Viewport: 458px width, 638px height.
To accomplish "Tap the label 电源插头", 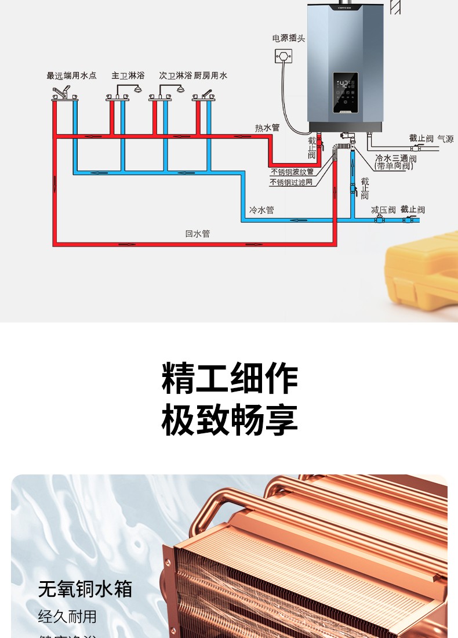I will (x=289, y=38).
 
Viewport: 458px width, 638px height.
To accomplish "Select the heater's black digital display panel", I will (x=345, y=93).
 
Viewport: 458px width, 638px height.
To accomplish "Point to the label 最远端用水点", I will (x=71, y=75).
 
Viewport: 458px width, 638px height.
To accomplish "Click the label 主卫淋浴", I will (x=128, y=75).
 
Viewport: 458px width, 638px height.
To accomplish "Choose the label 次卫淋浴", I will (x=175, y=75).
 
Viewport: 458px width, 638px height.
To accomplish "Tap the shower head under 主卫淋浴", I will (x=137, y=89).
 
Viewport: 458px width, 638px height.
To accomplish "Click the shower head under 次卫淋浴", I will (x=180, y=89).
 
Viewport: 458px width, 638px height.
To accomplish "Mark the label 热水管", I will (x=267, y=128).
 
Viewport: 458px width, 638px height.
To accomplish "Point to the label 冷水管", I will (x=261, y=210).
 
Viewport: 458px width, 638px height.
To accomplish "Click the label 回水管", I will (x=198, y=234).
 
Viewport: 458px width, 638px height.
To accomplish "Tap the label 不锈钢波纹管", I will (x=292, y=172).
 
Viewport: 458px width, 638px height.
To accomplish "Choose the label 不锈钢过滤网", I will (x=291, y=182).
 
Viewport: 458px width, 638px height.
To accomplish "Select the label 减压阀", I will (x=383, y=210).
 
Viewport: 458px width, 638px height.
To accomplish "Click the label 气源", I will (x=445, y=139).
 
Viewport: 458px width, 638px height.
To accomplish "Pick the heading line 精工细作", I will (x=230, y=379).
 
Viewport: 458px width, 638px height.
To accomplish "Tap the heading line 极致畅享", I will (x=230, y=420).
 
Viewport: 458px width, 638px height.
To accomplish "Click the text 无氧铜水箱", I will (x=85, y=589).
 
